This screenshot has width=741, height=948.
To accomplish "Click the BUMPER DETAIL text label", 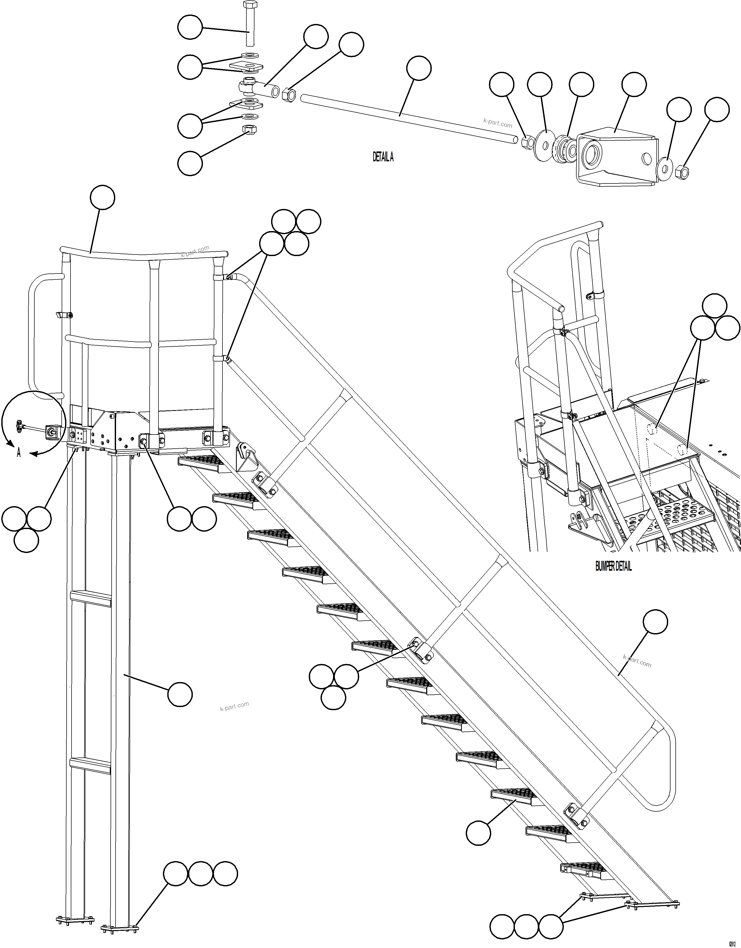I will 613,567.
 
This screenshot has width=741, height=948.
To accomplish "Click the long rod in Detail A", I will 408,117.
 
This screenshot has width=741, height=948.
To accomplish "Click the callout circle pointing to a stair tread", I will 478,832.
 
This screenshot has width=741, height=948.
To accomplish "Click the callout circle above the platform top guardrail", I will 103,198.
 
